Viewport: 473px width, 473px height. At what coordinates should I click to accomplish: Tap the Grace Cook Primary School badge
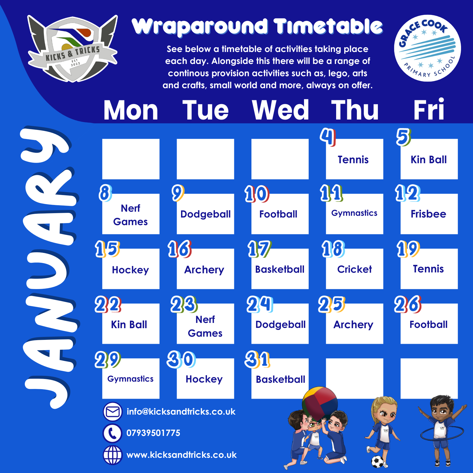427,48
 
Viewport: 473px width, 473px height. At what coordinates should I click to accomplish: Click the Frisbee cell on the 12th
429,214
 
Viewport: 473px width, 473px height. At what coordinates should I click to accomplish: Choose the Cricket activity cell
354,269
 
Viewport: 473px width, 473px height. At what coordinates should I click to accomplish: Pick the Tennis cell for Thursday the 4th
354,159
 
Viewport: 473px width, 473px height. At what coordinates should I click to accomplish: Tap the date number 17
259,249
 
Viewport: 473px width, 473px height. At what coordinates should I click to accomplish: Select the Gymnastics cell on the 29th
131,378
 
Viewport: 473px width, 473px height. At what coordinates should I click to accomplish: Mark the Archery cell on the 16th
205,269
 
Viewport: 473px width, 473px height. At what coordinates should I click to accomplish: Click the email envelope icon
113,412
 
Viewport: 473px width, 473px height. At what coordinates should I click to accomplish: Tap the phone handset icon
112,433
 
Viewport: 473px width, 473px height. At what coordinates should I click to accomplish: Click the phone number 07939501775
153,433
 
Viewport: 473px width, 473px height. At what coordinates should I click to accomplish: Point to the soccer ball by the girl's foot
378,462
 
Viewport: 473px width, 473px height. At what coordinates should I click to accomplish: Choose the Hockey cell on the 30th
205,378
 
